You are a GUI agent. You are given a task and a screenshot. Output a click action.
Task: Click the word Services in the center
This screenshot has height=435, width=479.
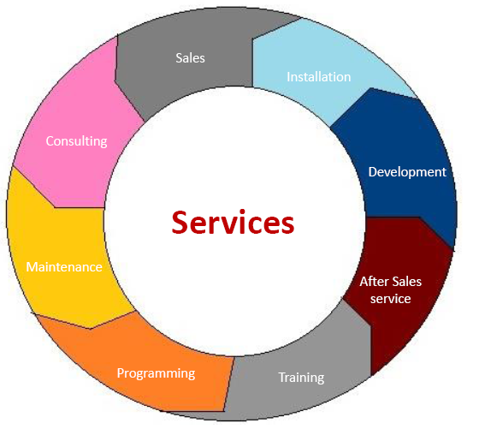[233, 223]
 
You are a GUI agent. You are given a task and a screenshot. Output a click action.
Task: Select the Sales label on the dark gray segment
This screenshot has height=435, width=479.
[190, 58]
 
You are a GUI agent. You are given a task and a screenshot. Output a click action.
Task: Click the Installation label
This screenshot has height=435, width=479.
[318, 77]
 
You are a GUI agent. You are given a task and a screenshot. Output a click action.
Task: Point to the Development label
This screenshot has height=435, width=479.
[407, 172]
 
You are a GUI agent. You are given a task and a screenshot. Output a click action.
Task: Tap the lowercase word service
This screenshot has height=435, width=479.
[390, 299]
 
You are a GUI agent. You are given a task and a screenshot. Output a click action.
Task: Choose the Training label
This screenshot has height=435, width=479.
[301, 378]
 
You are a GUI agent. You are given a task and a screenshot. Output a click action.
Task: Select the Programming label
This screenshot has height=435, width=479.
[156, 373]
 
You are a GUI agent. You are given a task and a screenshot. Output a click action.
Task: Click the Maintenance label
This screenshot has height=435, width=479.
[64, 267]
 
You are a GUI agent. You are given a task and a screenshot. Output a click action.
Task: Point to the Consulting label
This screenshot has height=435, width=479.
[76, 141]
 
